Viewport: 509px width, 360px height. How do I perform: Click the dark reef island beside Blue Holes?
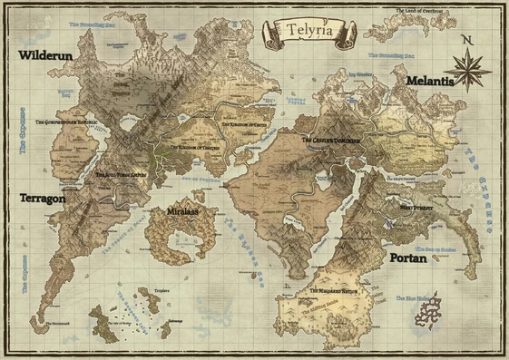[x=427, y=306]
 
